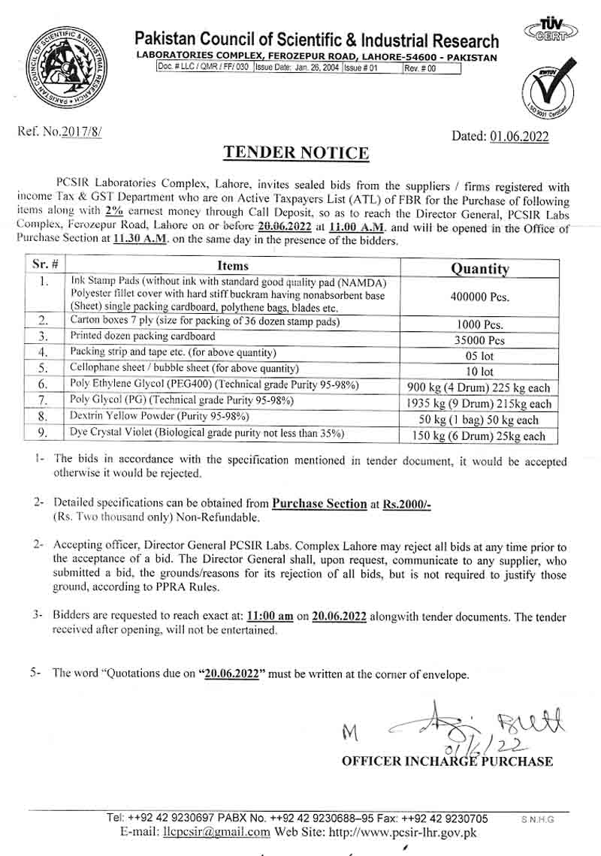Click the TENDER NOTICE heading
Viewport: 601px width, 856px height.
coord(296,153)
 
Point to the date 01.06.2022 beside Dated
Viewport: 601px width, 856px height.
coord(519,136)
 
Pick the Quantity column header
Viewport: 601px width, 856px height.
coord(479,268)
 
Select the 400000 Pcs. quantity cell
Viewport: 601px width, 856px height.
coord(479,296)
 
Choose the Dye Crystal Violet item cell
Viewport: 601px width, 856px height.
coord(207,433)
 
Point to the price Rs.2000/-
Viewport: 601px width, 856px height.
coord(406,504)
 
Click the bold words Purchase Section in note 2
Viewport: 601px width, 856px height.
coord(319,504)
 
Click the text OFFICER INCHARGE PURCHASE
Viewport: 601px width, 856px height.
coord(447,761)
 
